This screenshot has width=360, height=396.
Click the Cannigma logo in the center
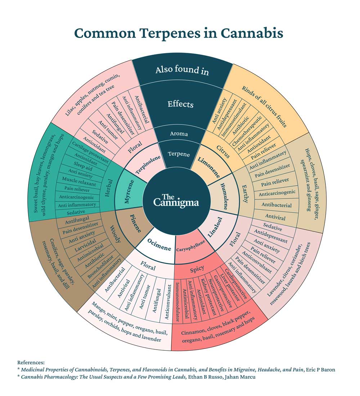click(176, 200)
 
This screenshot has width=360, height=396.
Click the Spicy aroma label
click(197, 268)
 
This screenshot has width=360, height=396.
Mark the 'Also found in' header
click(182, 70)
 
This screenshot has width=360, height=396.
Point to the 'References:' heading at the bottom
click(31, 363)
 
